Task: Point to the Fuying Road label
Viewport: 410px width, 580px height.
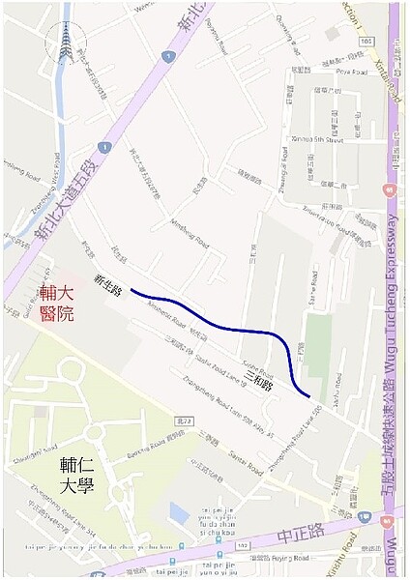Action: (291, 559)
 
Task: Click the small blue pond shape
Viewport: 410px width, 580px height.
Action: (180, 511)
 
